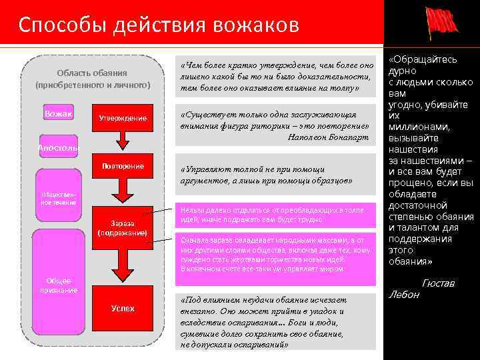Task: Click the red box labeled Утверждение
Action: pos(123,117)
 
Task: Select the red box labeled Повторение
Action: pos(123,166)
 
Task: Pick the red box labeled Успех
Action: pos(123,309)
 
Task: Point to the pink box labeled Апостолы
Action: pos(58,147)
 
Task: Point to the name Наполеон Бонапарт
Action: pos(327,137)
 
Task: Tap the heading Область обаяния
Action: pos(92,73)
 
